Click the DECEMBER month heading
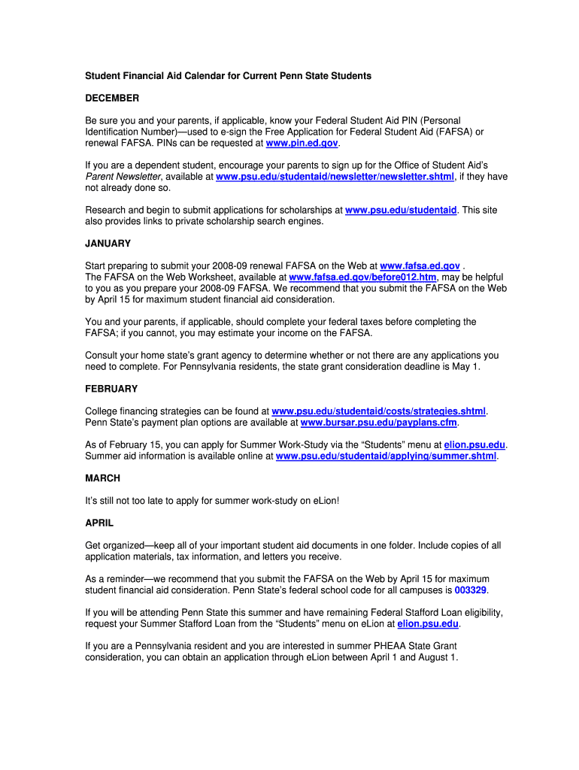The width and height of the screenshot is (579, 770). click(x=112, y=99)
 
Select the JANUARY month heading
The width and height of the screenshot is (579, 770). click(x=108, y=244)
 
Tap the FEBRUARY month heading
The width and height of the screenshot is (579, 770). click(x=111, y=389)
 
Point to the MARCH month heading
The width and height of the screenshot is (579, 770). click(x=103, y=478)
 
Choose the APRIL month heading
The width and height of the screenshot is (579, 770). click(x=99, y=523)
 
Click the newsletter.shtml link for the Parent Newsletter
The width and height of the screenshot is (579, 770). click(x=335, y=177)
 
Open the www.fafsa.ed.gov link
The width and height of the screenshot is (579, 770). click(x=420, y=266)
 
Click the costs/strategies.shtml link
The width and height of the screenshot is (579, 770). click(x=378, y=411)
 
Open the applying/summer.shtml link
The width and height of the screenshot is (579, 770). click(x=386, y=456)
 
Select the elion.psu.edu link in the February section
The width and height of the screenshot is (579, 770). click(x=474, y=445)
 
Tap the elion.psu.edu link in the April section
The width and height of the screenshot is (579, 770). click(x=427, y=624)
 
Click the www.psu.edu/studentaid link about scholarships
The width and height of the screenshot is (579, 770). click(x=401, y=211)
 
